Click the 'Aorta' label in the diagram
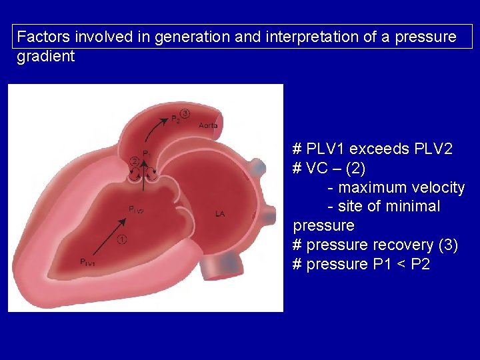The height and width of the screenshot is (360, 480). click(208, 125)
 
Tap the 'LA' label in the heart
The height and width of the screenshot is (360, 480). click(220, 214)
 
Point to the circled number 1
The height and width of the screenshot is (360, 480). click(121, 240)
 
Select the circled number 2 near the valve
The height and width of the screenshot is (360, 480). click(134, 161)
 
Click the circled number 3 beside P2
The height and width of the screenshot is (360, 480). click(185, 114)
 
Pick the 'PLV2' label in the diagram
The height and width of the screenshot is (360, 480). click(136, 210)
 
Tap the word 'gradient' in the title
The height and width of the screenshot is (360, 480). click(45, 56)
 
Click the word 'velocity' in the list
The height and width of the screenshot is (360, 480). click(439, 187)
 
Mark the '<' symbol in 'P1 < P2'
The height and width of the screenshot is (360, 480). click(399, 264)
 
